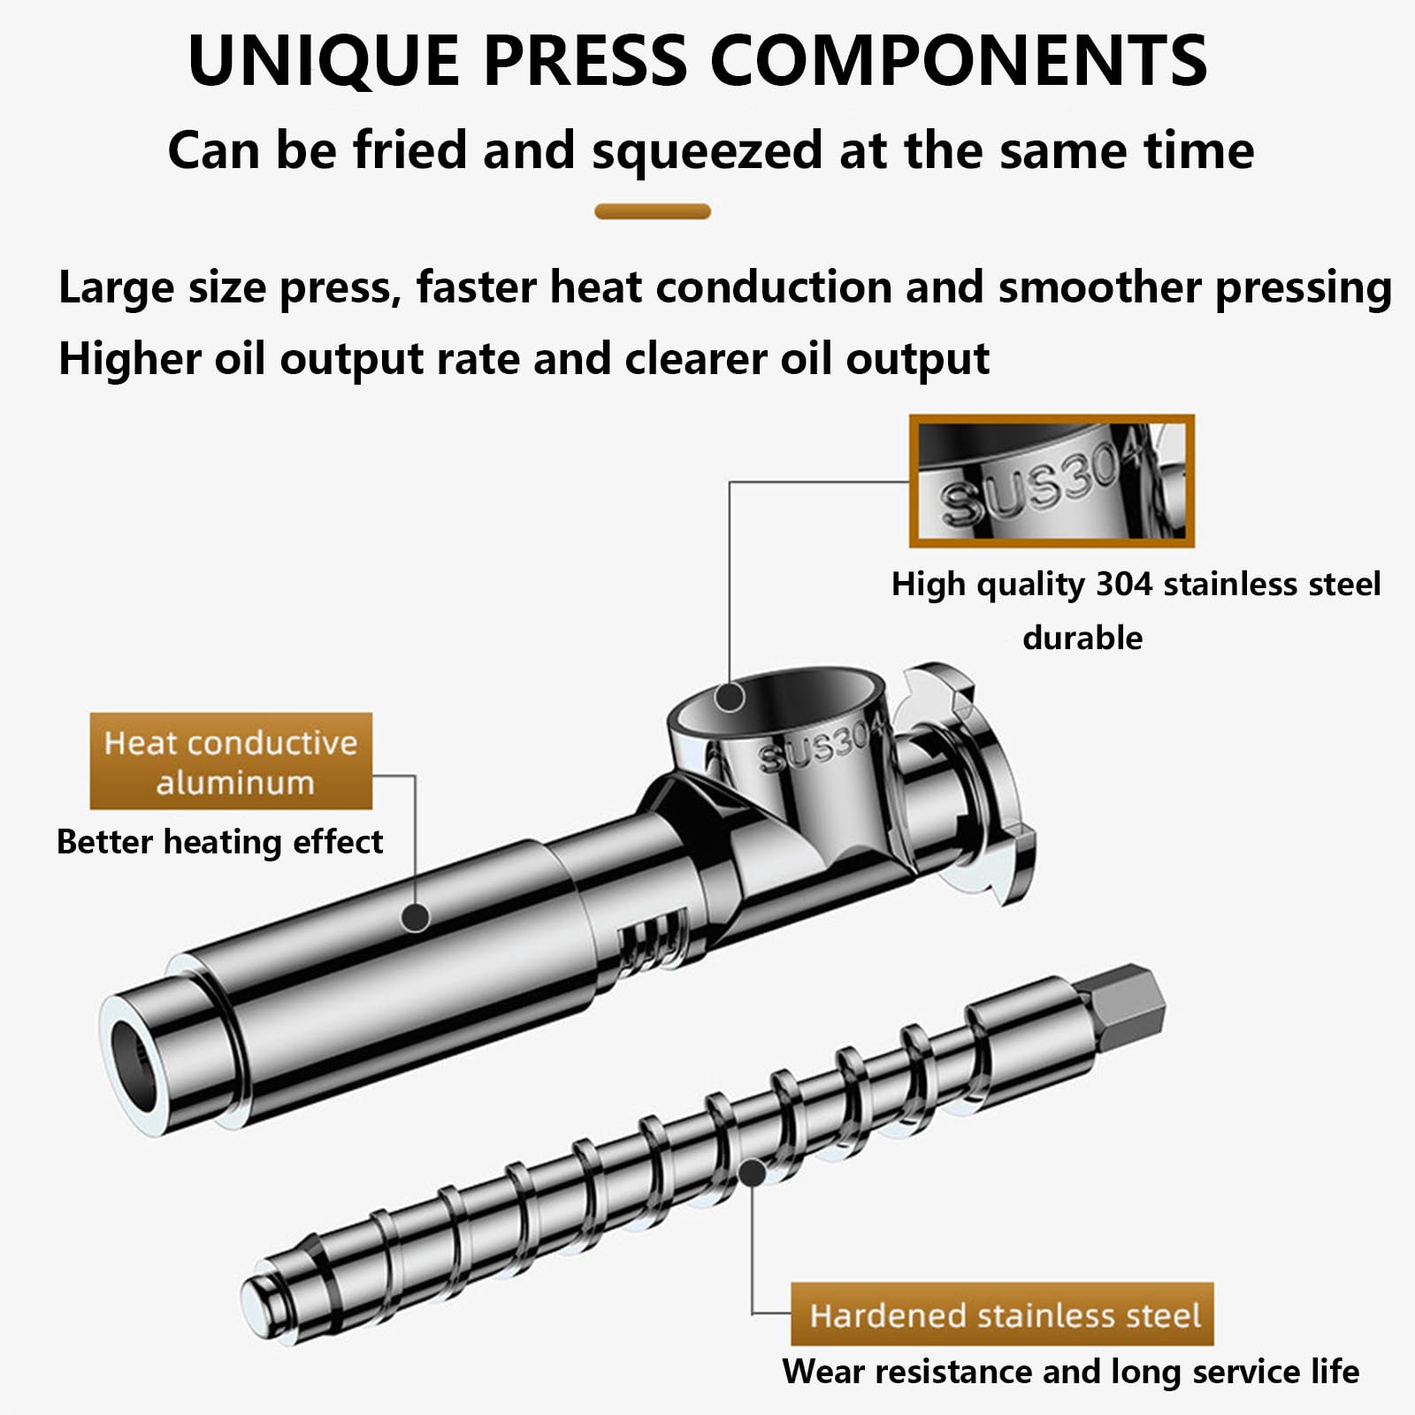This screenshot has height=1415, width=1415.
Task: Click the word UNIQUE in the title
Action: (x=324, y=60)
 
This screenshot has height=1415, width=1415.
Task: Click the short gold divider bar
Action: (x=653, y=211)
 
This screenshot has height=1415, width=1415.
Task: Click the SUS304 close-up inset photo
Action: (x=1052, y=480)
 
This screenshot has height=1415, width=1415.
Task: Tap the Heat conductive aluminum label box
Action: (x=231, y=761)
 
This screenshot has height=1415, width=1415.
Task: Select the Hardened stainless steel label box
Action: (x=1002, y=1314)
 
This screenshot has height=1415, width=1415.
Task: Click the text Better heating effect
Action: (x=219, y=842)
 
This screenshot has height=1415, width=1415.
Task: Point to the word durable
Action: (x=1082, y=638)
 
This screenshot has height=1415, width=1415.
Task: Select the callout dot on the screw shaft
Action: (x=752, y=1173)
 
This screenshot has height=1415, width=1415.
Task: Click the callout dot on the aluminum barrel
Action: (x=415, y=917)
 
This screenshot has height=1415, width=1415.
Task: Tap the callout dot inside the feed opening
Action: (x=730, y=697)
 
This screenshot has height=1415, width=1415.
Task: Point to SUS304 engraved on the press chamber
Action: (x=821, y=744)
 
